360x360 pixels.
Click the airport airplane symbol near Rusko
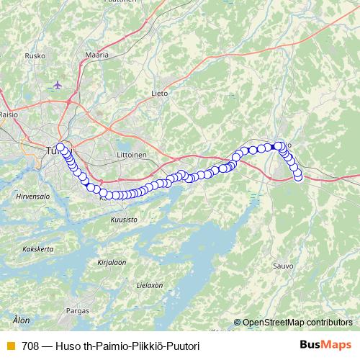(58, 84)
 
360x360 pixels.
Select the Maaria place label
(96, 55)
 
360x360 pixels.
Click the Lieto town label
(160, 93)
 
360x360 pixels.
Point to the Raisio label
(9, 113)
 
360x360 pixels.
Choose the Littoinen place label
(131, 154)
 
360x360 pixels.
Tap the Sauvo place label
(283, 266)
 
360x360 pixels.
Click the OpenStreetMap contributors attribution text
(297, 323)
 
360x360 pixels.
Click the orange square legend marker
(10, 346)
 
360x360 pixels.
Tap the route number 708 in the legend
(30, 346)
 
